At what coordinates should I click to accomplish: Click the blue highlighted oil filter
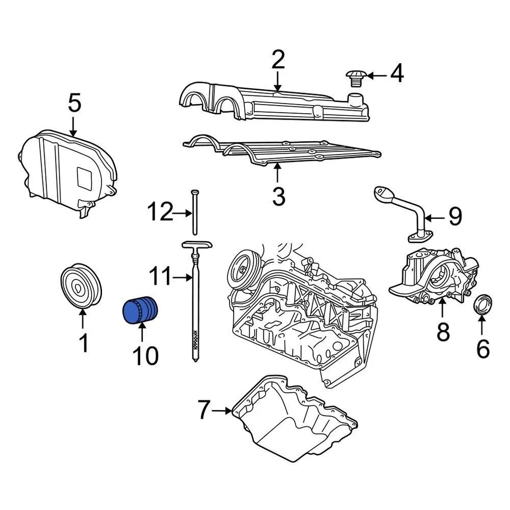coord(141,311)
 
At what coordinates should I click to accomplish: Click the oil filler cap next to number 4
coord(354,78)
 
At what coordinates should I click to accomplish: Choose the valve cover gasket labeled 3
coord(282,151)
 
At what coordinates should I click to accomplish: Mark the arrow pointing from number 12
coord(183,213)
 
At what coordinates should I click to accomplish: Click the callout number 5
coord(74,103)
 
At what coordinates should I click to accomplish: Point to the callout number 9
coord(455,216)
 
